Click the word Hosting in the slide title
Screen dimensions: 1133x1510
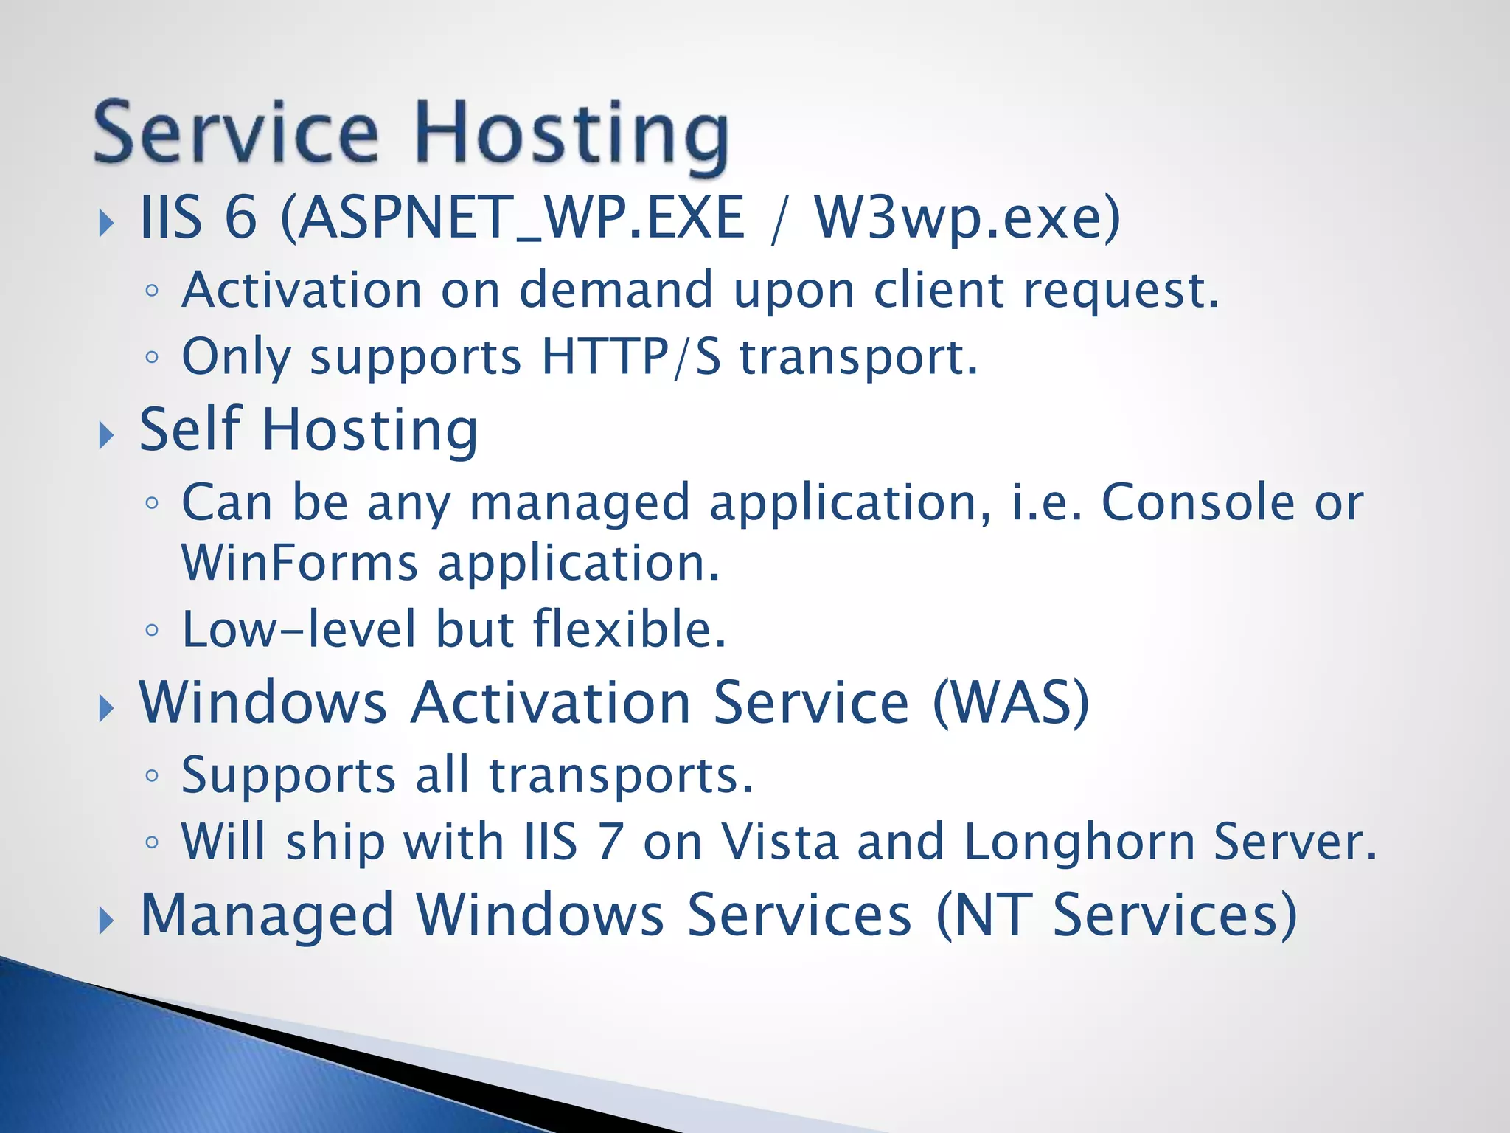coord(571,135)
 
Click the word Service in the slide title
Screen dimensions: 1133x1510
coord(236,133)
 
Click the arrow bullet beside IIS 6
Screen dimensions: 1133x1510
coord(107,222)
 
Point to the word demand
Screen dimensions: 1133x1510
coord(616,290)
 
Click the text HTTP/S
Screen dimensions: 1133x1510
coord(631,357)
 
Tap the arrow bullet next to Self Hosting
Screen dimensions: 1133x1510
coord(107,436)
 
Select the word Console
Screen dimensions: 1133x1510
coord(1198,503)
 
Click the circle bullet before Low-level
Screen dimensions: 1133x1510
coord(152,631)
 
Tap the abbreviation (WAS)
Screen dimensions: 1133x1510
coord(1011,702)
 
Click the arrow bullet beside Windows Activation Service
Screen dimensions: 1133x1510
coord(107,709)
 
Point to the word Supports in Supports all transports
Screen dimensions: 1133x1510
coord(288,776)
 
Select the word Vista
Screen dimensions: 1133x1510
coord(780,842)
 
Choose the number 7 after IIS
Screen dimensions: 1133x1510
coord(610,842)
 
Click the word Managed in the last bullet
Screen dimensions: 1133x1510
coord(267,915)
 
